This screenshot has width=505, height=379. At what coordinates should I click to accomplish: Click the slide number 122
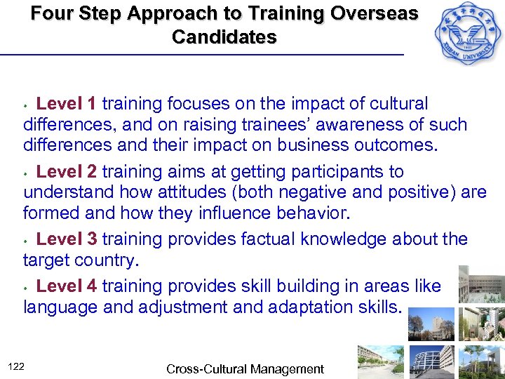tap(18, 366)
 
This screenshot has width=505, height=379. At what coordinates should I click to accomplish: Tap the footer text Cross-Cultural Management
tap(245, 368)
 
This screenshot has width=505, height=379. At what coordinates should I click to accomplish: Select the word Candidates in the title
tap(224, 37)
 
